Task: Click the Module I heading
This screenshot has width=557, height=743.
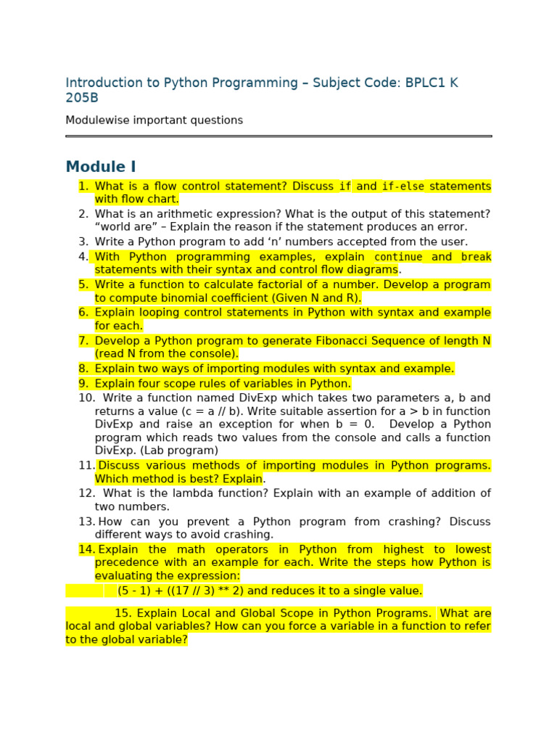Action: click(x=101, y=167)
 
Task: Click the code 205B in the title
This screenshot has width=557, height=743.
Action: click(x=81, y=98)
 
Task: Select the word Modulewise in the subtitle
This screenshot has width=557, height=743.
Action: click(x=95, y=120)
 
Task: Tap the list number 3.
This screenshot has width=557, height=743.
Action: click(x=83, y=242)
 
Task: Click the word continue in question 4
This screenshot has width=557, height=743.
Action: click(x=397, y=257)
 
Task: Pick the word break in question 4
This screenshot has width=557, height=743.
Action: click(x=476, y=257)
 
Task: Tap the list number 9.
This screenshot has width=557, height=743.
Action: click(x=83, y=383)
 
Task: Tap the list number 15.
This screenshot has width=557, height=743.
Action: click(x=122, y=613)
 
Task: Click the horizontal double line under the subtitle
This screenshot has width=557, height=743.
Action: click(x=278, y=136)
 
